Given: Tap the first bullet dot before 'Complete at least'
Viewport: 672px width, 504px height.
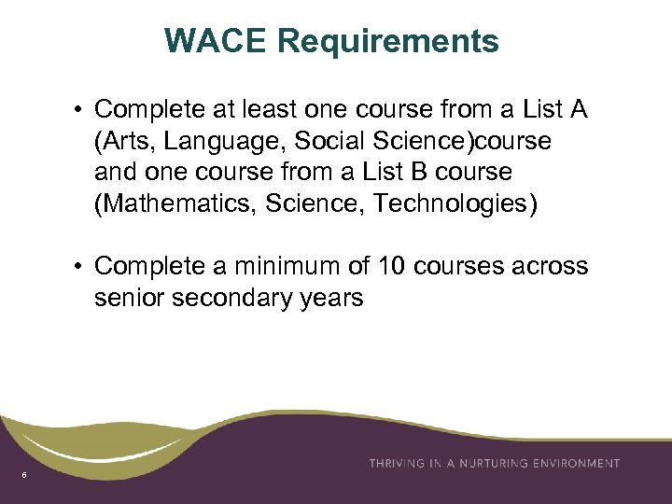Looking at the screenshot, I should (x=80, y=111).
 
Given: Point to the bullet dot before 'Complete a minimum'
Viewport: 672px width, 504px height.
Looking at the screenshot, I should (x=80, y=267).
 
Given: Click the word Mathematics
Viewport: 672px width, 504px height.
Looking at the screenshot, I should (x=179, y=203).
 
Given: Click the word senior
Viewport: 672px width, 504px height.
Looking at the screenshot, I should (x=124, y=299).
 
